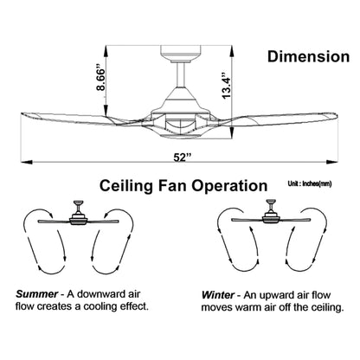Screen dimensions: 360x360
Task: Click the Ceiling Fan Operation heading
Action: [183, 185]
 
